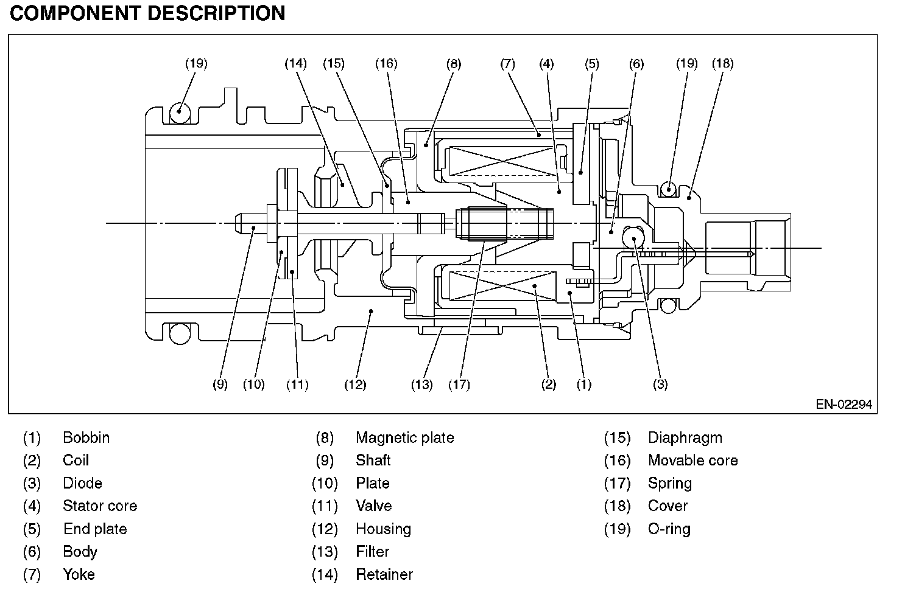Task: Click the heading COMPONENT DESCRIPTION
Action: pos(147,13)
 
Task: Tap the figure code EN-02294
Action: pos(844,405)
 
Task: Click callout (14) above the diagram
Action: pos(295,64)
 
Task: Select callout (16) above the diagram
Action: pos(386,64)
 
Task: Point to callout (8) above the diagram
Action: pos(454,64)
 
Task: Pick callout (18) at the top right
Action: pos(723,64)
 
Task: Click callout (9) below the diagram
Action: pos(220,384)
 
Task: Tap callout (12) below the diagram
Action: pos(355,384)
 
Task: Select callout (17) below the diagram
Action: pos(459,384)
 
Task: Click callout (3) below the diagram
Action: pos(660,384)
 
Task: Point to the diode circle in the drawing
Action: pos(633,237)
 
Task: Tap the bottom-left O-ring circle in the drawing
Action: pos(180,333)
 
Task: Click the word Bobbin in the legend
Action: pos(86,438)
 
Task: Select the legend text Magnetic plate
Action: pos(405,438)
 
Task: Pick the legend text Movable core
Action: pos(693,460)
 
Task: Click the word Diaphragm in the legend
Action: pos(685,438)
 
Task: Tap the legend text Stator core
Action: pos(100,506)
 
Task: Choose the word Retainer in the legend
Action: pos(384,574)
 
